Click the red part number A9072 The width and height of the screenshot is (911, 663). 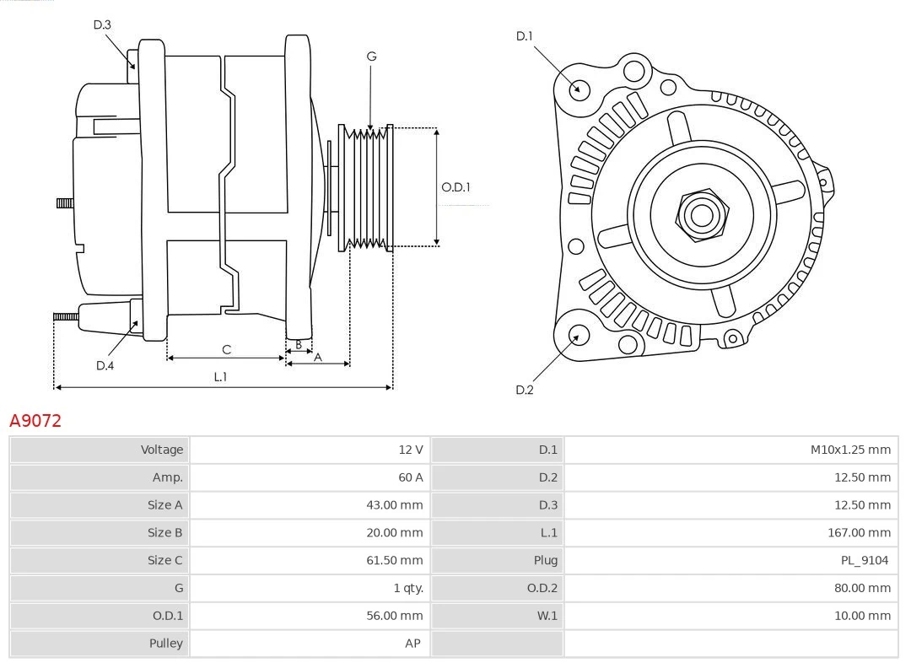(x=35, y=420)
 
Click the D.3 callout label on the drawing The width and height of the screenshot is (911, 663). (x=102, y=24)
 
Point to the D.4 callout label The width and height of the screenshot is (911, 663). (x=105, y=365)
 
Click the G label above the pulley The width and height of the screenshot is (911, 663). (x=371, y=57)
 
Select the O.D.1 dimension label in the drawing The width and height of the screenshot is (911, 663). (x=455, y=187)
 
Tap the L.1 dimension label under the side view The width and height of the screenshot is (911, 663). (x=220, y=377)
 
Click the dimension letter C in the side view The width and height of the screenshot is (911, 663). (x=226, y=349)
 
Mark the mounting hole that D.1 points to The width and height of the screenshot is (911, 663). (x=579, y=89)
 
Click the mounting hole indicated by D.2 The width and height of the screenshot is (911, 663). (x=578, y=336)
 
